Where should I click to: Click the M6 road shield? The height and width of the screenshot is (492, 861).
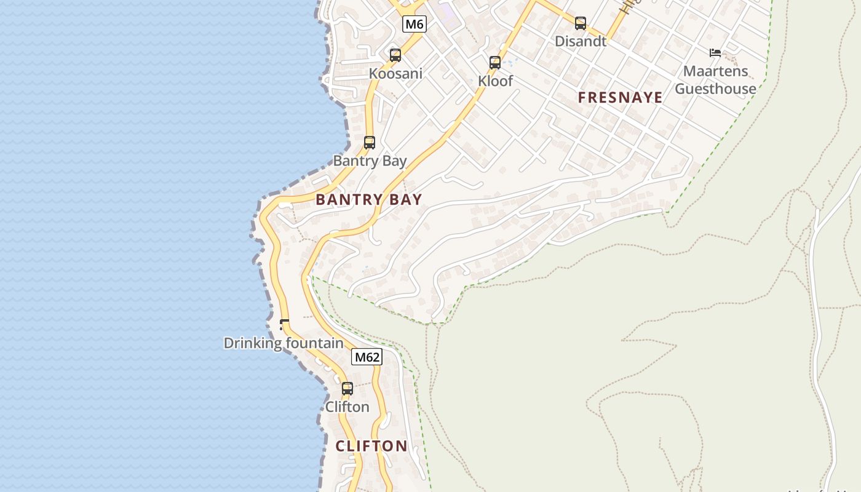415,24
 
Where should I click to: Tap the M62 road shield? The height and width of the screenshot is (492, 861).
367,357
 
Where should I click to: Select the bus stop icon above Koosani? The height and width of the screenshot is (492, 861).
395,55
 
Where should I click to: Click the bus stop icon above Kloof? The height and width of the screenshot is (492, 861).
495,62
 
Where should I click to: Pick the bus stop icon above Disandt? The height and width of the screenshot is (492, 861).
581,23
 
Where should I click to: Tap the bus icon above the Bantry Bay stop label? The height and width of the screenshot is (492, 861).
370,143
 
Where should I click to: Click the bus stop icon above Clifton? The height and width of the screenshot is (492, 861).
347,389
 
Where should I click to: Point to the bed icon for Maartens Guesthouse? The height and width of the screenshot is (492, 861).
715,53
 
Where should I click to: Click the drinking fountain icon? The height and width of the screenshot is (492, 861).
284,323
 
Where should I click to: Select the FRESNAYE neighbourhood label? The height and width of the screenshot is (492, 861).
621,97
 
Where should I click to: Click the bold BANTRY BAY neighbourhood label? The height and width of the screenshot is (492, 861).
369,199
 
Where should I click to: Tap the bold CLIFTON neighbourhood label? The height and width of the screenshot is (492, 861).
371,446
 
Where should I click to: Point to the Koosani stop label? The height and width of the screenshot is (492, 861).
395,74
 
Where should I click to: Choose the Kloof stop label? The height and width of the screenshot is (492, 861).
495,81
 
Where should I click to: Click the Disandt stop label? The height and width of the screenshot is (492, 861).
581,41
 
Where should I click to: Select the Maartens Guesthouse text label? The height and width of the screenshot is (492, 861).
715,80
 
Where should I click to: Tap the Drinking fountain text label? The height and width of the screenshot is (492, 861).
284,343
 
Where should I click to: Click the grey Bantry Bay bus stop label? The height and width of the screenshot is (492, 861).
370,161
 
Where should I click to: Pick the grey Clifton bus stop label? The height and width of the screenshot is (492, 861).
347,407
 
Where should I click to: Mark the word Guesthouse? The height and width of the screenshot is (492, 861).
715,89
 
